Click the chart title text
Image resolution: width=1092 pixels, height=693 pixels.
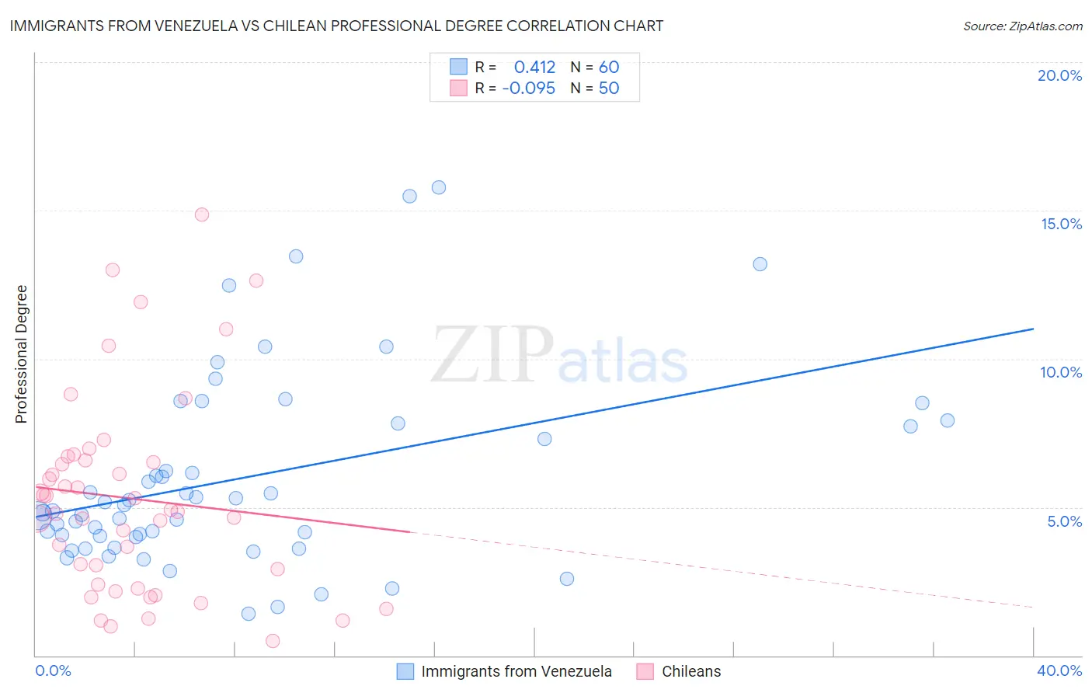click(x=336, y=26)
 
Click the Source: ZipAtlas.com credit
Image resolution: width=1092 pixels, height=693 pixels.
click(x=1022, y=26)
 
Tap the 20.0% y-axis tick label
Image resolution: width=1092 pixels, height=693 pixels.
click(x=1059, y=75)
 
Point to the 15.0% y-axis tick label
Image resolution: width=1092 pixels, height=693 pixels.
click(x=1061, y=224)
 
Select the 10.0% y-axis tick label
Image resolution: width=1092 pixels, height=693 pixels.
click(x=1061, y=372)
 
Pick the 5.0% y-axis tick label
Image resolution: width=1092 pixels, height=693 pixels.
click(x=1064, y=521)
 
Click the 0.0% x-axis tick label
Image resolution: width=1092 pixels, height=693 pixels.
click(x=53, y=670)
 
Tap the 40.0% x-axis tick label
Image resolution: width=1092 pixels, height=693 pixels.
click(x=1059, y=670)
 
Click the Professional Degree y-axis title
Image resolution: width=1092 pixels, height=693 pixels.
click(x=21, y=354)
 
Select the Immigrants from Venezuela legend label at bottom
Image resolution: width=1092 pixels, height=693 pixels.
click(x=516, y=671)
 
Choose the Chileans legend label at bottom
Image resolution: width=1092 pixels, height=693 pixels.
click(x=691, y=671)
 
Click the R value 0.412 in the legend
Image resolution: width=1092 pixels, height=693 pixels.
click(x=534, y=68)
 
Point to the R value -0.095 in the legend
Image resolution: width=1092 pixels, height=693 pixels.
click(x=528, y=89)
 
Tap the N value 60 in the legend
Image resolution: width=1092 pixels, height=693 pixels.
click(x=609, y=68)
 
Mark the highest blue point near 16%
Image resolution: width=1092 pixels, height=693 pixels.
click(x=439, y=187)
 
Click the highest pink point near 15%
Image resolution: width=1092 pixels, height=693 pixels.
click(x=202, y=214)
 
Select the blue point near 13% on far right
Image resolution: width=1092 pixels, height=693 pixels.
click(x=760, y=264)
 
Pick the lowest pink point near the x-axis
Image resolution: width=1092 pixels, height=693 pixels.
click(x=273, y=641)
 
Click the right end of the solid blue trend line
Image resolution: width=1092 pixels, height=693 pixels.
click(x=1033, y=329)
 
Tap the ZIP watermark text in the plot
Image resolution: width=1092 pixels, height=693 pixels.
click(x=492, y=355)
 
